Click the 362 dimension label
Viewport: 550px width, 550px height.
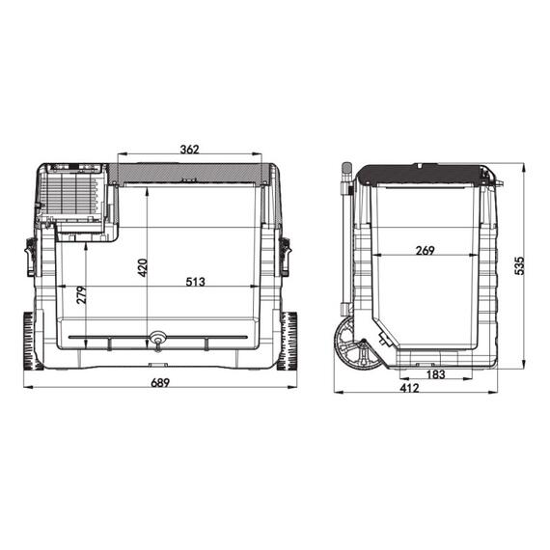[189, 150]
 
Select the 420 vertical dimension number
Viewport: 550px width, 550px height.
[142, 267]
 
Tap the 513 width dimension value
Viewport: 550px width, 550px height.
[195, 282]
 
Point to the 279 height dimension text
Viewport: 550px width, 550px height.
[81, 295]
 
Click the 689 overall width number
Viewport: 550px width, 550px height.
[160, 383]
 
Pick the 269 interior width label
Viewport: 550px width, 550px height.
[425, 251]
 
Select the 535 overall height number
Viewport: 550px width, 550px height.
[519, 265]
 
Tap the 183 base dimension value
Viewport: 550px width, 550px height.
[435, 374]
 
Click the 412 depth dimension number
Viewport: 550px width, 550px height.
[410, 388]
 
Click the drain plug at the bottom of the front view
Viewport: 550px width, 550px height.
[156, 340]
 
